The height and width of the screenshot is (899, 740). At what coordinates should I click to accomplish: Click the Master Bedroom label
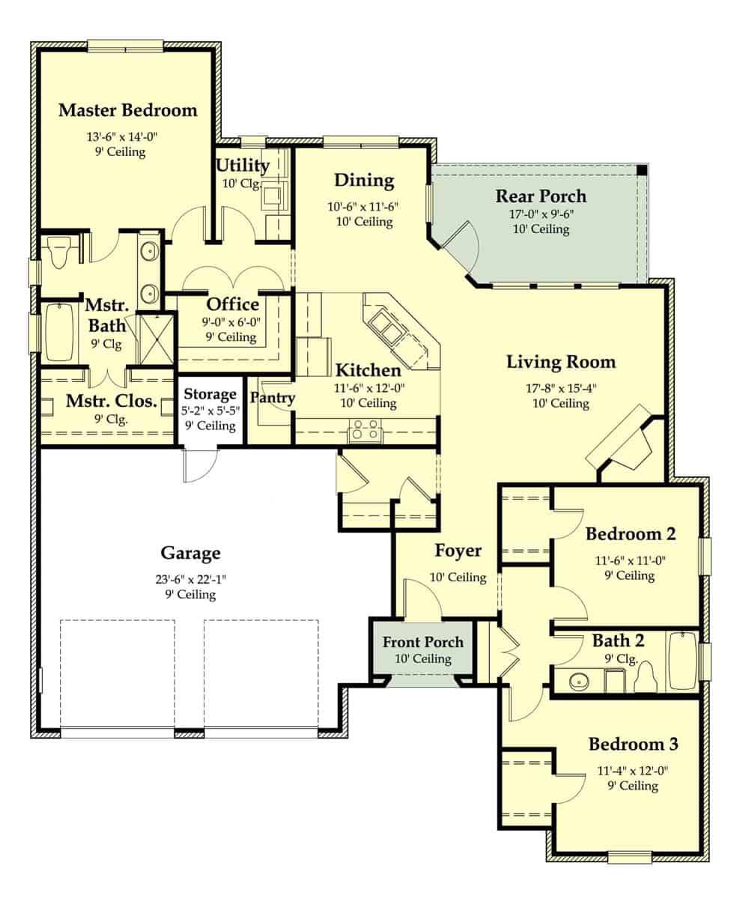tap(128, 111)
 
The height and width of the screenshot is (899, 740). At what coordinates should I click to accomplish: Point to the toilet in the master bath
tap(57, 253)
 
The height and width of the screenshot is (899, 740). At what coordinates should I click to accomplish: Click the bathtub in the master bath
tap(58, 332)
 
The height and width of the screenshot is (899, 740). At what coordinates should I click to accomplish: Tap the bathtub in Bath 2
tap(682, 661)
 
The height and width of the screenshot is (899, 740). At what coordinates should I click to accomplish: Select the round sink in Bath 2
tap(577, 682)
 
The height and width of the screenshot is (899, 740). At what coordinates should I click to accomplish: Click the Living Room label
tap(561, 363)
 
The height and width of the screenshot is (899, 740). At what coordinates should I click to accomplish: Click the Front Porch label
tap(423, 642)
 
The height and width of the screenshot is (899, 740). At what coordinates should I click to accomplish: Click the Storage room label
tap(210, 394)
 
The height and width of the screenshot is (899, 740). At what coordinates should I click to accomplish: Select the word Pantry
tap(273, 398)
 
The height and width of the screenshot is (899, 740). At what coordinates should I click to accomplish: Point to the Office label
tap(232, 305)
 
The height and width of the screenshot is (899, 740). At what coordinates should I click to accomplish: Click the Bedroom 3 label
tap(633, 745)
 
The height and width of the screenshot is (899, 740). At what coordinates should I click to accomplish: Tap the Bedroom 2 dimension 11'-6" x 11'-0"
tap(631, 559)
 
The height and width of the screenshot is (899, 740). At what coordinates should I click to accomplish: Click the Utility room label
tap(242, 165)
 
